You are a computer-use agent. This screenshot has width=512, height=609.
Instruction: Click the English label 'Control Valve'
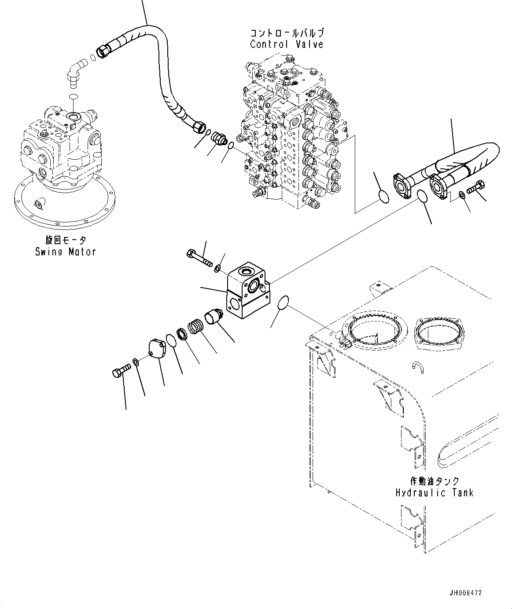click(287, 44)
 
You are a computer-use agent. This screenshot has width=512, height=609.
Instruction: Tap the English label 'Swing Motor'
click(66, 252)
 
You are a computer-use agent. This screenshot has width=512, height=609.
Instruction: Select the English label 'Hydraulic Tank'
click(434, 492)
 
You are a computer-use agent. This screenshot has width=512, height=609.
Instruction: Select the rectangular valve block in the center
click(247, 292)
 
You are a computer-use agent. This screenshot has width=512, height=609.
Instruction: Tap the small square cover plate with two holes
click(157, 350)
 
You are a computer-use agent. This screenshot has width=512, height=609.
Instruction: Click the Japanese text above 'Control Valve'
click(287, 33)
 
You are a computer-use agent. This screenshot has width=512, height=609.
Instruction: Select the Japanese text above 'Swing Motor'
click(66, 240)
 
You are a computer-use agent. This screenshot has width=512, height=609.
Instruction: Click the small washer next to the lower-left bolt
click(136, 362)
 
